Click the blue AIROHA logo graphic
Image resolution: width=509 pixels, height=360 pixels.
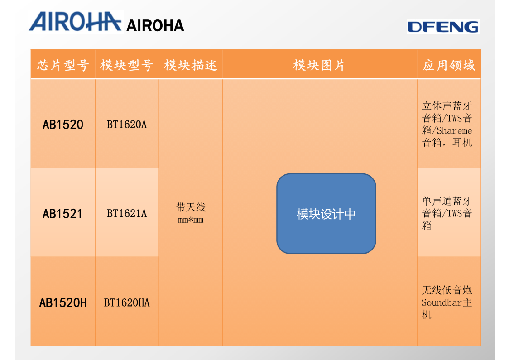point(76,21)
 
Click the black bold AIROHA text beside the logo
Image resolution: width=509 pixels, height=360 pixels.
point(155,26)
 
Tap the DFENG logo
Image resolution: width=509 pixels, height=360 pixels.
point(442,27)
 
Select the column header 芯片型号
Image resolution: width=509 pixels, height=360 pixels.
point(63,65)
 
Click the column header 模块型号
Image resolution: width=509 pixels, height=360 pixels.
point(127,65)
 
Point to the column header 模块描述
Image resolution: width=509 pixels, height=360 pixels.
point(191,65)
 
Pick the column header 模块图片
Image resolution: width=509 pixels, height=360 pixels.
point(319,65)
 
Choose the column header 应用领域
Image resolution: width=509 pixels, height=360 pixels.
point(449,65)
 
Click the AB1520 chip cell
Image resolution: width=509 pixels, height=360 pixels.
point(63,125)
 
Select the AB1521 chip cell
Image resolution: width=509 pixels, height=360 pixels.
point(63,213)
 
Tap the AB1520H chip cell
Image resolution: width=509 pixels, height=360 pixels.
point(63,302)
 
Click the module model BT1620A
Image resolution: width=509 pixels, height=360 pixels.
point(127,125)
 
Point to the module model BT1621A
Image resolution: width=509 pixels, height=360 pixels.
point(127,213)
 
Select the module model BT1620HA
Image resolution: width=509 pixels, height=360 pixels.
point(127,302)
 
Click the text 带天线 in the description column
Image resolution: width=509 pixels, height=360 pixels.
point(191,207)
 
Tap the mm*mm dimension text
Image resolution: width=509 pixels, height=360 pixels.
point(191,220)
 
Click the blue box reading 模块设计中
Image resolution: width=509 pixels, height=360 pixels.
point(326,214)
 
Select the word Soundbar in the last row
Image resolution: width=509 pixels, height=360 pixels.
point(442,302)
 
